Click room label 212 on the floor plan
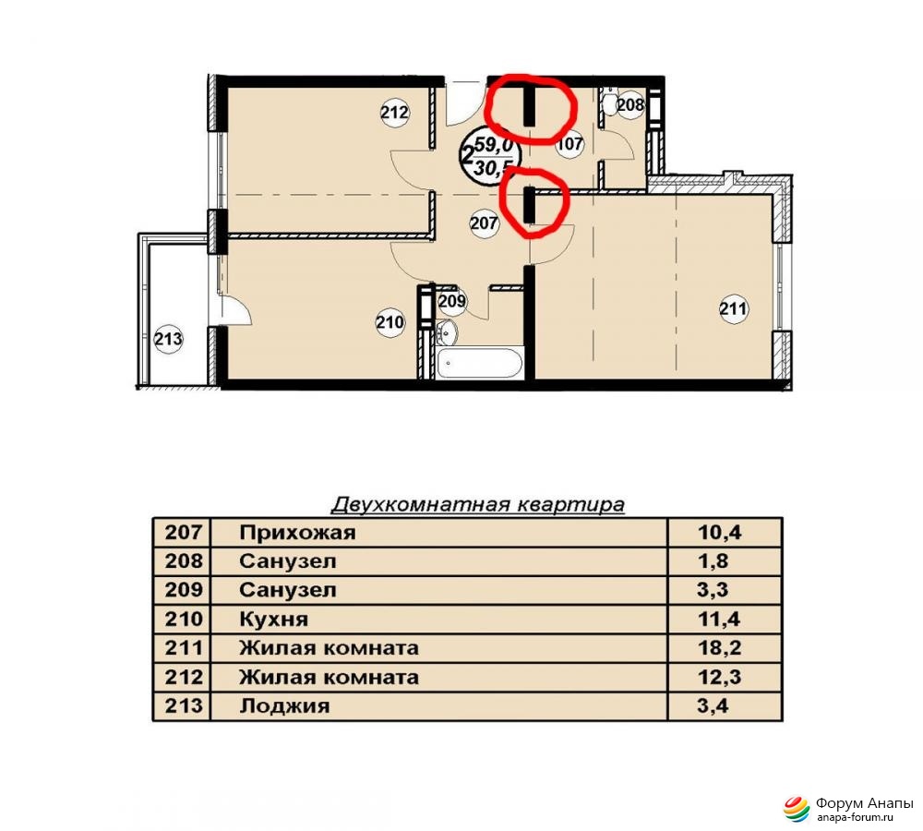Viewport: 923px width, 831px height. click(394, 112)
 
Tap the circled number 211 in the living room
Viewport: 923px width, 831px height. click(733, 308)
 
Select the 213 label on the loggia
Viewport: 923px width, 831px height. click(168, 339)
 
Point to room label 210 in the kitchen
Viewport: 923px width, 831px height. click(390, 322)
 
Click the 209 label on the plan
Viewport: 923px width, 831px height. click(452, 302)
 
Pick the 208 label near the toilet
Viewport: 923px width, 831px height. click(630, 105)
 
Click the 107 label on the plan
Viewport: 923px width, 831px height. click(569, 144)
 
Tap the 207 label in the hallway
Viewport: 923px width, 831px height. click(485, 223)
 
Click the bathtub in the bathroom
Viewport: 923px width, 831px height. click(479, 364)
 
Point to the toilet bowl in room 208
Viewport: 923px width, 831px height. click(609, 102)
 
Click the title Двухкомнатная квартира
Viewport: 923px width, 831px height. click(477, 505)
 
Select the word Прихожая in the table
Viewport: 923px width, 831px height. click(297, 533)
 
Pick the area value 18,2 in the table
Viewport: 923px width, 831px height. click(719, 648)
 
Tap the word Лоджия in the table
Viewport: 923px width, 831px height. click(284, 705)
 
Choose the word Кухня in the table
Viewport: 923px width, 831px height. click(274, 619)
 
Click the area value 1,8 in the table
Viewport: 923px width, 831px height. click(713, 561)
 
